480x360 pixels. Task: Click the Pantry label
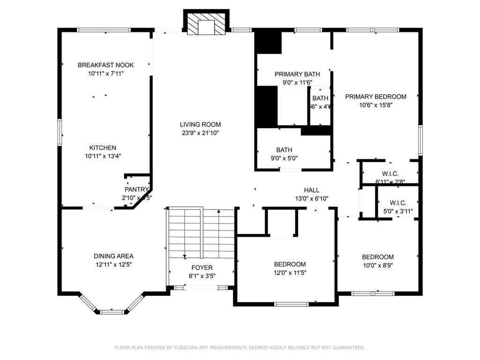tap(136, 189)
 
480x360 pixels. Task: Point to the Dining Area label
tap(113, 256)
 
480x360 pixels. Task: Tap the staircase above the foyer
tap(201, 232)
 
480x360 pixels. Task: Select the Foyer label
tap(201, 268)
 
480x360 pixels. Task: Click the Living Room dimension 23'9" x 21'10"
tap(200, 133)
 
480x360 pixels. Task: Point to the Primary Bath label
tap(297, 74)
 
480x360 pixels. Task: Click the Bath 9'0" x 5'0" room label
tap(284, 150)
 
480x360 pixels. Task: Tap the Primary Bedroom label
tap(375, 97)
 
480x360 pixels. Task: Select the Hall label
tap(311, 190)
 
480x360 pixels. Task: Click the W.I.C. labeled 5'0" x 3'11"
tap(398, 203)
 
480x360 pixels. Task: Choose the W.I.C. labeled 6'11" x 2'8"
tap(390, 174)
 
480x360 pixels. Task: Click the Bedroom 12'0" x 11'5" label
tap(290, 264)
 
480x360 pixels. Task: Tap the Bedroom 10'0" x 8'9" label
tap(377, 257)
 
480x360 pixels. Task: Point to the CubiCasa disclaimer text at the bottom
tap(240, 347)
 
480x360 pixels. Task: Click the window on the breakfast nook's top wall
tap(104, 30)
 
